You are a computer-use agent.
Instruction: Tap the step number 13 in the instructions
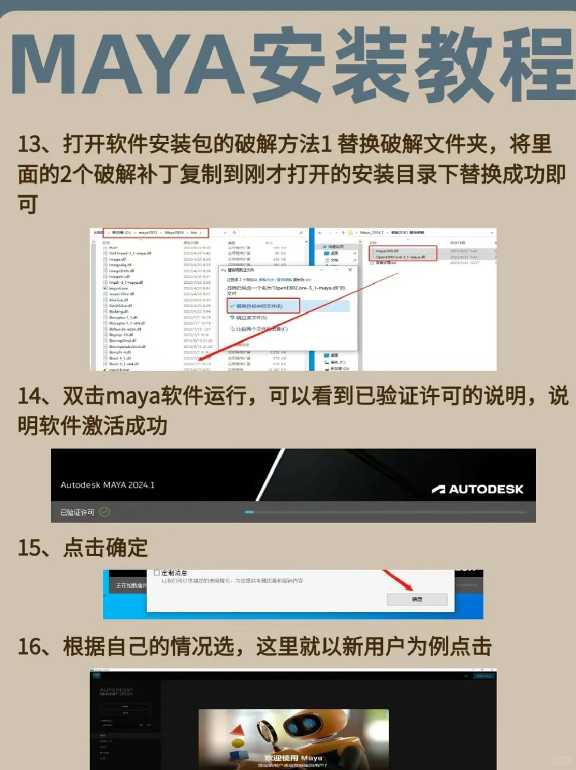coord(30,145)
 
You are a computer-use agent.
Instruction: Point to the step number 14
coord(30,396)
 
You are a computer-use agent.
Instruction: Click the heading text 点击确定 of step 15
coord(105,548)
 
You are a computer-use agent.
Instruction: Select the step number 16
coord(30,647)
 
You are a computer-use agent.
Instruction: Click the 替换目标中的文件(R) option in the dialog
coord(259,306)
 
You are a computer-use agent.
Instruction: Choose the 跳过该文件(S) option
coord(252,318)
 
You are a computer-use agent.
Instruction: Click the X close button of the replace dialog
coord(350,270)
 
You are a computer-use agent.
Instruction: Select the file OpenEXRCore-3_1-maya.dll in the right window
coord(400,257)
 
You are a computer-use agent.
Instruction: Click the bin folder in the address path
coord(194,232)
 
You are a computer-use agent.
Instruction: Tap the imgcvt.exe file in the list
coord(118,288)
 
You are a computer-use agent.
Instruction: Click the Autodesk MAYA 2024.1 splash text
coord(107,485)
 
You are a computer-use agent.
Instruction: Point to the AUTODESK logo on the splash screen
coord(478,489)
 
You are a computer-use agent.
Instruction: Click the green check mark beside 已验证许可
coord(105,512)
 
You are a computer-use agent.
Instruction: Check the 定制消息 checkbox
coord(157,573)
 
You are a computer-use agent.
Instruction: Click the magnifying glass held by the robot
coord(265,730)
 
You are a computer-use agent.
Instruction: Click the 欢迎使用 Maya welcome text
coord(293,758)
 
